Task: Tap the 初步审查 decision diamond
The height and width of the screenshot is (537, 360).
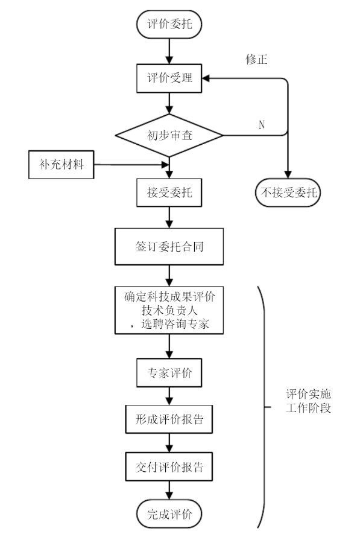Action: point(170,136)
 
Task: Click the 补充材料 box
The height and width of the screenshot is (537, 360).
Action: point(62,165)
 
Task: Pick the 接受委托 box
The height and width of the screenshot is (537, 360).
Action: point(170,194)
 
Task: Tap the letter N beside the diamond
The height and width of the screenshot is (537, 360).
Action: point(261,124)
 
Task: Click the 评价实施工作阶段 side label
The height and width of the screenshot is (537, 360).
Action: point(308,402)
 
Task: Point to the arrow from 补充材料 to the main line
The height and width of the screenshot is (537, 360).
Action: point(130,165)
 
